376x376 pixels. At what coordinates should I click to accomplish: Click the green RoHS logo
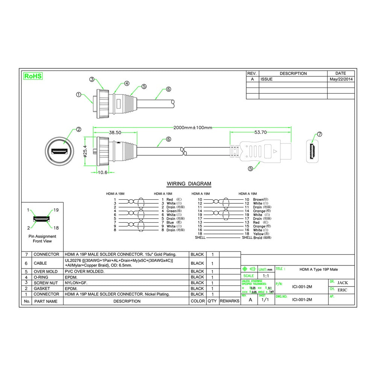(x=33, y=76)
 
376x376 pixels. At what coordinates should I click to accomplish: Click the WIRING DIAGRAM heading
(x=189, y=184)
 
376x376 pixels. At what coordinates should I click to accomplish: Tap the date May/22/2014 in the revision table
(x=341, y=79)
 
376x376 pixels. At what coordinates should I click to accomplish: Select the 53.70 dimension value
(x=260, y=132)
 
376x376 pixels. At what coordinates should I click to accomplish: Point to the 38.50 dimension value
(x=115, y=133)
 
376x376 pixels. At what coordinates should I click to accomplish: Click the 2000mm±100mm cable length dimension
(x=193, y=127)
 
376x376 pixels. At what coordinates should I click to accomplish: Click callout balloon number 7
(x=320, y=134)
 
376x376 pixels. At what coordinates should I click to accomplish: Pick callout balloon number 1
(x=79, y=94)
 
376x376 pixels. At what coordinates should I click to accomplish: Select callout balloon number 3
(x=92, y=79)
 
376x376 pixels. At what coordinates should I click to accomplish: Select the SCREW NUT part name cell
(x=46, y=283)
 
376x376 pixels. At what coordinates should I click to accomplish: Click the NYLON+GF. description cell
(x=79, y=283)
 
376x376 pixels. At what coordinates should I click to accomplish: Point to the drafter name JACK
(x=343, y=282)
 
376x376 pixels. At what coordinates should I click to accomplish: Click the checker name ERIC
(x=342, y=290)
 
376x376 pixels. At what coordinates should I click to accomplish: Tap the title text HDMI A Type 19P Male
(x=318, y=269)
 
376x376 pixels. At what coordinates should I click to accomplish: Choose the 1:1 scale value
(x=265, y=276)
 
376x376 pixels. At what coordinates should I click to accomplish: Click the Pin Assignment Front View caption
(x=42, y=239)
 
